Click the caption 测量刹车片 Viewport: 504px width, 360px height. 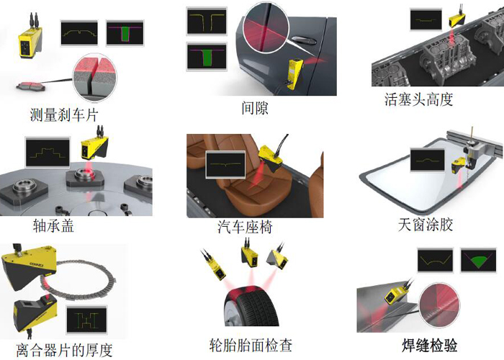(63, 114)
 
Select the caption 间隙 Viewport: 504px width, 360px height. (255, 108)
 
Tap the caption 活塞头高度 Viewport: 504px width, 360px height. (418, 99)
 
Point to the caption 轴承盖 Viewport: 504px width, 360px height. (53, 225)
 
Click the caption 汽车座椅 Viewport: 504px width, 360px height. (245, 227)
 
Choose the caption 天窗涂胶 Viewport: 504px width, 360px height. (426, 225)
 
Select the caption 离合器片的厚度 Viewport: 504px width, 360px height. (64, 350)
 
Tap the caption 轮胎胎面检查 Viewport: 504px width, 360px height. (251, 345)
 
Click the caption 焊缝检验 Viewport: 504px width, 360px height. (430, 346)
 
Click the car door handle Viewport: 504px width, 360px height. (305, 40)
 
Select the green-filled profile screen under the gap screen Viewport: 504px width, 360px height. (207, 57)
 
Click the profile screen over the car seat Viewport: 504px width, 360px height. (225, 165)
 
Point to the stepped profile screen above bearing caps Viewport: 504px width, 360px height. (48, 153)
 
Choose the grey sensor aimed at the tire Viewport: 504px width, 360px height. (276, 258)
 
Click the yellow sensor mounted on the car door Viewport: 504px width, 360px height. (294, 73)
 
